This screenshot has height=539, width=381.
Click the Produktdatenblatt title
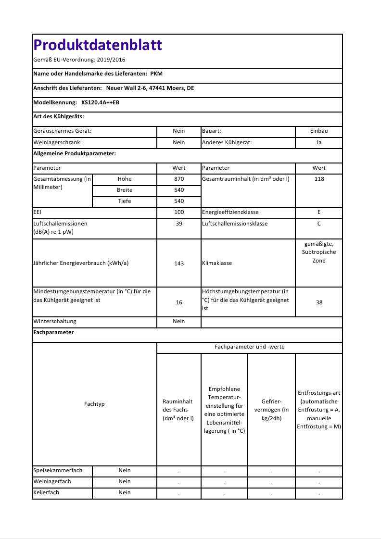click(x=98, y=45)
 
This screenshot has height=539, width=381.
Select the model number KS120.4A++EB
click(x=101, y=102)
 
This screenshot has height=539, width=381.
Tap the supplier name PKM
click(x=156, y=74)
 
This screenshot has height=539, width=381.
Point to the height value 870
click(x=179, y=179)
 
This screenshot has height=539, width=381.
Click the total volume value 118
click(x=319, y=179)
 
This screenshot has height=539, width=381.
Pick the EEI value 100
click(x=179, y=212)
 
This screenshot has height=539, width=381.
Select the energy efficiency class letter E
click(x=319, y=212)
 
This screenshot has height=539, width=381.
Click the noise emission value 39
click(x=179, y=224)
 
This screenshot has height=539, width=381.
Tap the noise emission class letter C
click(x=319, y=224)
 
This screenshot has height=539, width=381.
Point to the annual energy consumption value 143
click(x=179, y=263)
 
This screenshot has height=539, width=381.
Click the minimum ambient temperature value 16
click(x=179, y=302)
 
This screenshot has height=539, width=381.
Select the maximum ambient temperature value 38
click(x=319, y=302)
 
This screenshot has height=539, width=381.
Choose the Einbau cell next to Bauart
click(x=319, y=131)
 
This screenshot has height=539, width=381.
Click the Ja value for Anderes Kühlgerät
click(x=319, y=142)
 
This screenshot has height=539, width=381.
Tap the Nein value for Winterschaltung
click(x=179, y=321)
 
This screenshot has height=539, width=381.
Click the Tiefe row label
click(x=125, y=201)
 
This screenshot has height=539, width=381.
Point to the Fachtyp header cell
click(x=94, y=404)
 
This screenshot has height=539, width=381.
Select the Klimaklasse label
click(x=217, y=263)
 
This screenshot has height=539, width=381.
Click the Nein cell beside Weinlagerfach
click(x=125, y=481)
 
